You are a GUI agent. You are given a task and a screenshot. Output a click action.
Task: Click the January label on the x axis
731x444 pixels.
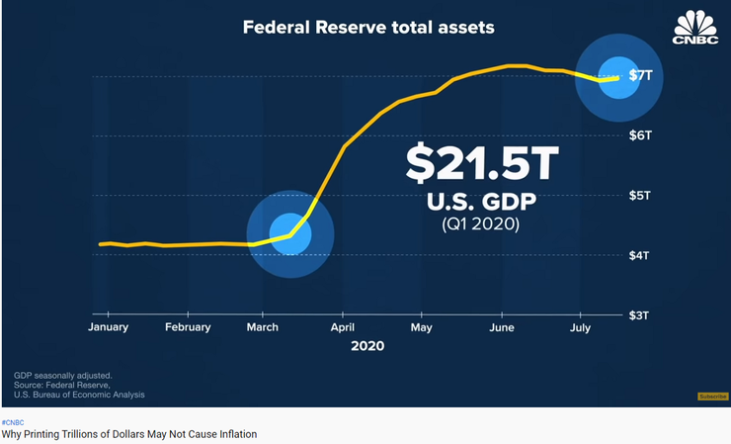click(x=111, y=326)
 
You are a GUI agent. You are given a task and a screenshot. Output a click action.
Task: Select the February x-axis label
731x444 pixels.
click(x=188, y=326)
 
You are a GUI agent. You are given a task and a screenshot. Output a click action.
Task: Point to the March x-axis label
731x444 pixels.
click(x=262, y=326)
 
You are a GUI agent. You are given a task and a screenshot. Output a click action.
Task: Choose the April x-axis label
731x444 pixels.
click(x=343, y=326)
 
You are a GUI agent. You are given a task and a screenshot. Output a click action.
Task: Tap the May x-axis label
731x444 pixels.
click(x=421, y=326)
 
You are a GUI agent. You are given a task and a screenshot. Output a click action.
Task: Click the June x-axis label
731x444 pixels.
click(x=501, y=326)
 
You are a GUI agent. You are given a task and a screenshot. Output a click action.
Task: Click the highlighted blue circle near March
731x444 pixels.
click(x=290, y=234)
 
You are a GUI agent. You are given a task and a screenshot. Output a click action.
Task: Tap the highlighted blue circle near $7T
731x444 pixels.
click(x=619, y=77)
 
